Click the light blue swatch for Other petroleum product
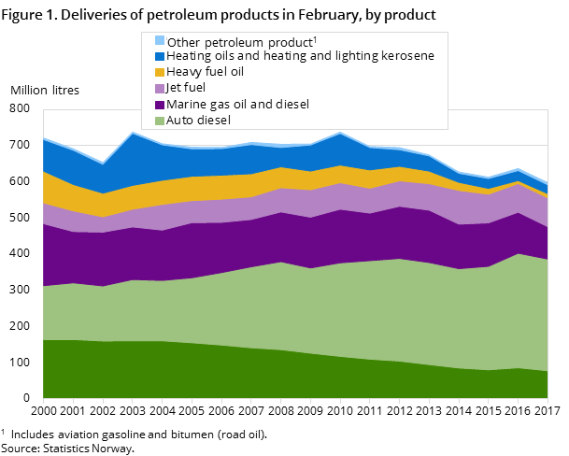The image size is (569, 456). coord(159,40)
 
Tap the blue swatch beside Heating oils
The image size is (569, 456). coord(159,56)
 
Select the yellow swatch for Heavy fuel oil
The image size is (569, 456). coord(159,72)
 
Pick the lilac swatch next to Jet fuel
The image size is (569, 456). coord(159,88)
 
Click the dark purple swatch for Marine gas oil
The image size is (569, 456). coord(159,104)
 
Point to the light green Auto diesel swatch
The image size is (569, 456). coord(159,120)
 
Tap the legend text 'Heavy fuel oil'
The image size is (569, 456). coord(206,72)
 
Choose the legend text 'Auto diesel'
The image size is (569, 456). coord(199,120)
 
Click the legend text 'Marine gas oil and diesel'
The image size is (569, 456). coord(238,104)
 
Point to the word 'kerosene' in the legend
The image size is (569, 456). coord(408,56)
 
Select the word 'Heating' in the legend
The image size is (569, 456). coord(192,56)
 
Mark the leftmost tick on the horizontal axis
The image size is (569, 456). coord(43,401)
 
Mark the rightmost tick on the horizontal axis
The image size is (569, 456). coord(548,401)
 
